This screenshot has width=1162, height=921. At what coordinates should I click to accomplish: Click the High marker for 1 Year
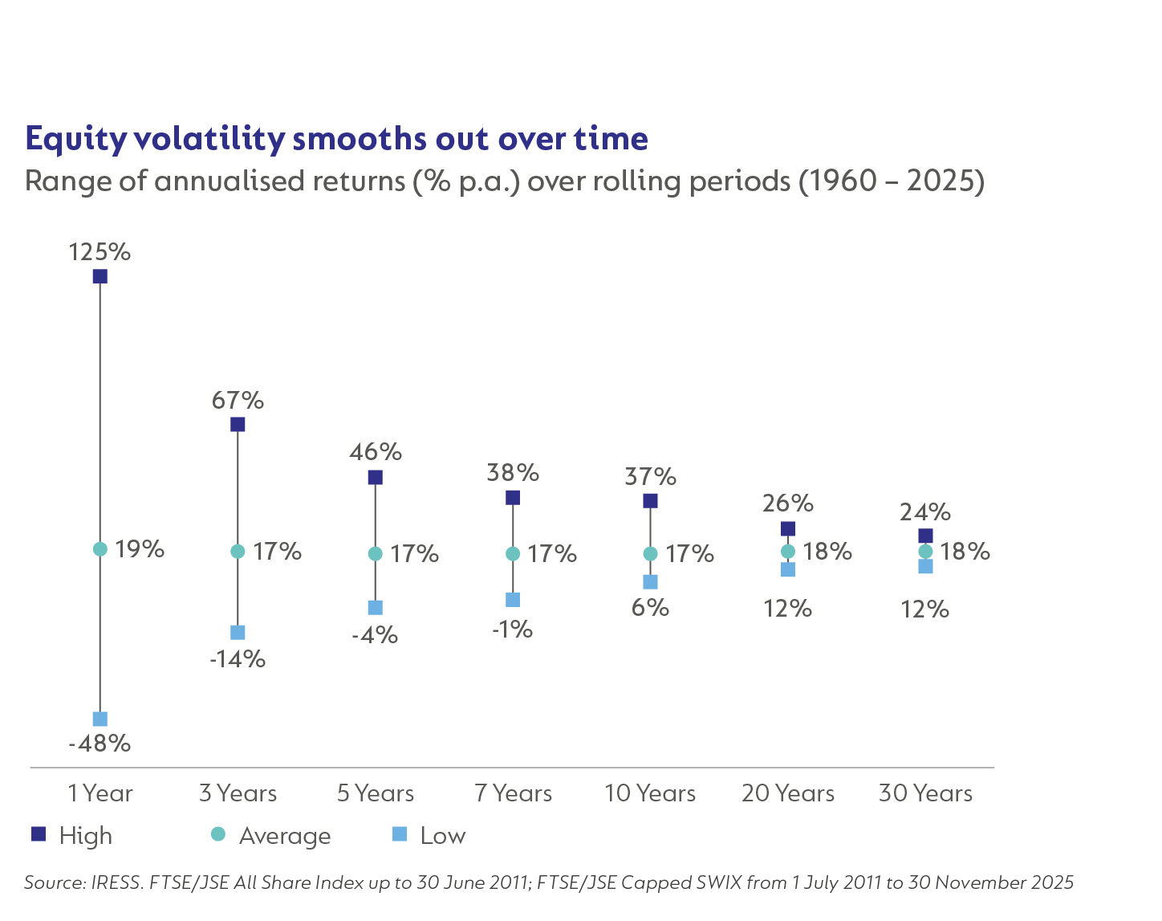[100, 276]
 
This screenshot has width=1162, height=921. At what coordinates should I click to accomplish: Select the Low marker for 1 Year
[100, 719]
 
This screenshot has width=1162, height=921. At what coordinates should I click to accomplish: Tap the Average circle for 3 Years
[238, 552]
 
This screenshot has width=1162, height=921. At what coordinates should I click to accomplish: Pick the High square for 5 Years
[375, 478]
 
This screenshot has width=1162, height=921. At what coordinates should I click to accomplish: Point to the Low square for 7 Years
[513, 600]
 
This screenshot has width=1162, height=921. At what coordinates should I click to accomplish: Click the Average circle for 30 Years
[925, 552]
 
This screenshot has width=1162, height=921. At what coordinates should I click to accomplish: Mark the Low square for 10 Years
[650, 581]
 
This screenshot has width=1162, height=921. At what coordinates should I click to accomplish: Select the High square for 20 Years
[788, 528]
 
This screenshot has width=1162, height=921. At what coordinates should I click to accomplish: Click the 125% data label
[100, 252]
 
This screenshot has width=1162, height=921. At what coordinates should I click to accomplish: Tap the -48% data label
[100, 744]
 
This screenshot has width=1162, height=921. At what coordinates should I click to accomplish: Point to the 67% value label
[238, 400]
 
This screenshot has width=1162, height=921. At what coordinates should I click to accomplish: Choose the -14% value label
[238, 659]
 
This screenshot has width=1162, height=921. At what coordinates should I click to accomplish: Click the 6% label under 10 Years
[650, 608]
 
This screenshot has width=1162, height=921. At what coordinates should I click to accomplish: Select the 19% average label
[140, 549]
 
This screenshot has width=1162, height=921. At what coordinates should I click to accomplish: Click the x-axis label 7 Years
[513, 793]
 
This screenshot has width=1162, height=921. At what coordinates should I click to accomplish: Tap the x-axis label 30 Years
[925, 793]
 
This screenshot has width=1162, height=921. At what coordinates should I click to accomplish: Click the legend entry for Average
[284, 836]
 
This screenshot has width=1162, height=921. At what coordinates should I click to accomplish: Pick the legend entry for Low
[442, 836]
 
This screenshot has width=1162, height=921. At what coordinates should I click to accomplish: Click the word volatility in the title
[209, 139]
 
